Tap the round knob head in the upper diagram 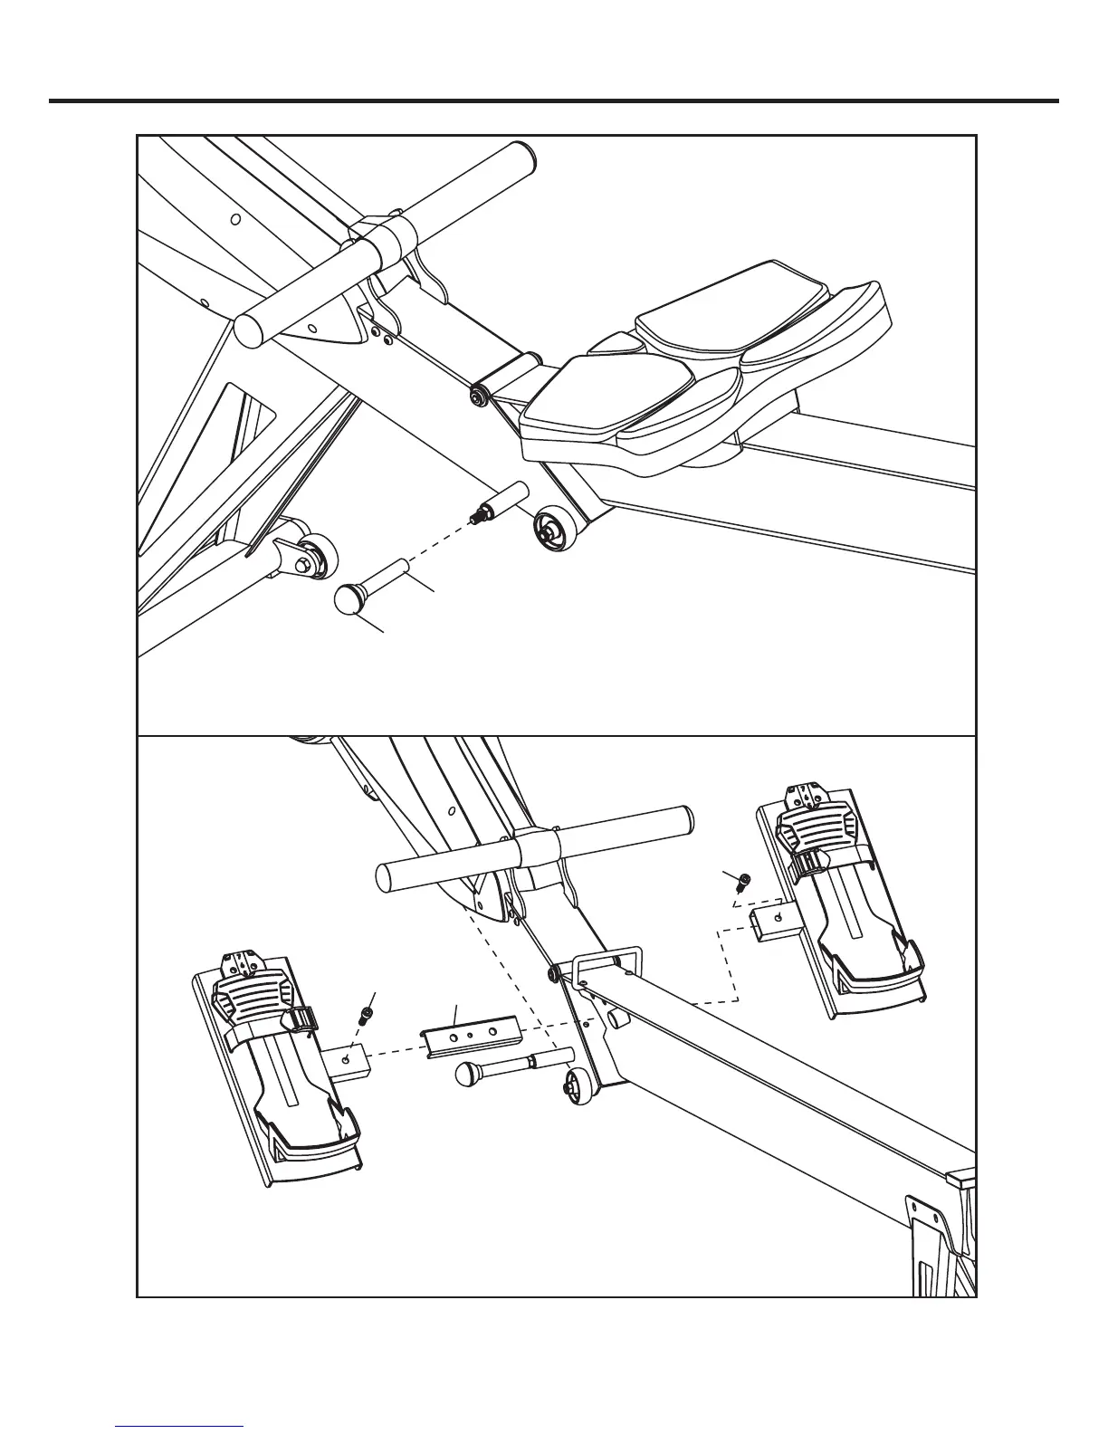(x=349, y=600)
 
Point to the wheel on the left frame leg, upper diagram (x=318, y=557)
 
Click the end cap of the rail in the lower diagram (x=961, y=1178)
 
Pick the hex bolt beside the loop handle (x=554, y=973)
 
